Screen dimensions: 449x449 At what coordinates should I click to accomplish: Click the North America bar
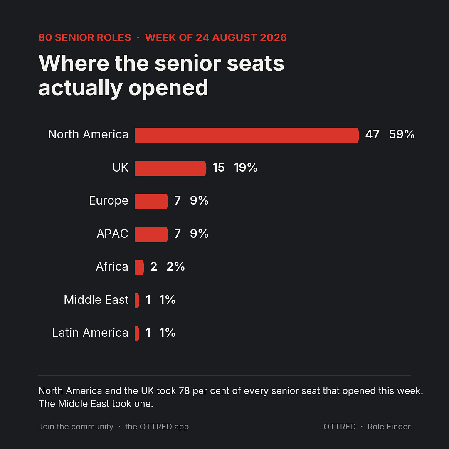(x=247, y=135)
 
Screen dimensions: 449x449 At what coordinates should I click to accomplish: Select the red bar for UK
(x=170, y=168)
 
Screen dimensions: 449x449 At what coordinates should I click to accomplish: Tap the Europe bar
(x=151, y=201)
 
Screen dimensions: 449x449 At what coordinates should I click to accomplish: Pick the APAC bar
(x=151, y=234)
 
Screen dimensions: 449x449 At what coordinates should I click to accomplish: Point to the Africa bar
(x=139, y=267)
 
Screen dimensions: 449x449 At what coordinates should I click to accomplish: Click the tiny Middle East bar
(x=137, y=301)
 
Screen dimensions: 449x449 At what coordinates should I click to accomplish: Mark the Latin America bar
(x=137, y=333)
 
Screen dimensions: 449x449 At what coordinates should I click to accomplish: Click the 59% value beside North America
(x=402, y=134)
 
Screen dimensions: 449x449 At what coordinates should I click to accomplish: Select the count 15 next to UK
(x=219, y=168)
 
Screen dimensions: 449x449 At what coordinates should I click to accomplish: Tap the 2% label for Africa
(x=175, y=266)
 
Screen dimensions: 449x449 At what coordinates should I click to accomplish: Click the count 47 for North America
(x=372, y=134)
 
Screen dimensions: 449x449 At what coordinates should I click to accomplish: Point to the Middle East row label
(x=96, y=300)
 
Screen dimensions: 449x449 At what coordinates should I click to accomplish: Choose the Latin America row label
(x=90, y=333)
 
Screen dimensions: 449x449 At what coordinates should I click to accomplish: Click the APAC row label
(x=113, y=234)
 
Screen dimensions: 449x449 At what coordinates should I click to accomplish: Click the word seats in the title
(x=255, y=63)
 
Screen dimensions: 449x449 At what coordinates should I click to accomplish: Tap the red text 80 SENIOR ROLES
(x=85, y=37)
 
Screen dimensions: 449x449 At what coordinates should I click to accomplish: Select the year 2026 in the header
(x=273, y=37)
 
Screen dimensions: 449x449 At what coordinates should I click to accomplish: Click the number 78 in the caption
(x=185, y=391)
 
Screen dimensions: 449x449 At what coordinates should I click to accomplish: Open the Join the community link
(x=76, y=427)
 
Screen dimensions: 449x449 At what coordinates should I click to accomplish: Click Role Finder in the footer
(x=389, y=427)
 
